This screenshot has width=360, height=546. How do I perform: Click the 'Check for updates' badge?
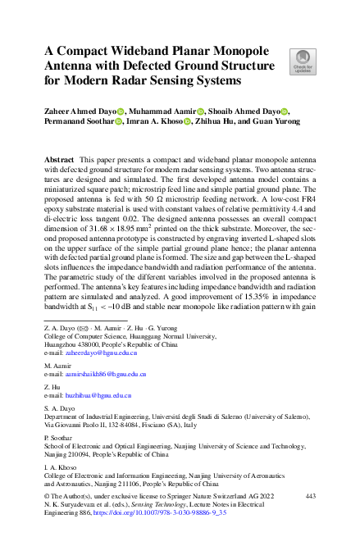point(303,61)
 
